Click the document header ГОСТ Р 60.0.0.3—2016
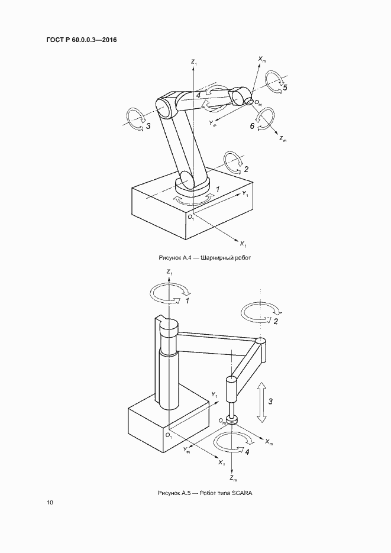pos(82,40)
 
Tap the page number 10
pos(50,502)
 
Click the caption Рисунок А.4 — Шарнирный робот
pos(205,258)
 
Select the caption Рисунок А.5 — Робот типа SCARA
pos(205,493)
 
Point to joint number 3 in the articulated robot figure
pos(148,126)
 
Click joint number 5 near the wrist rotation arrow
pos(285,87)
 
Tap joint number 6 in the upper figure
pos(252,126)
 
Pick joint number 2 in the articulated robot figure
pos(245,170)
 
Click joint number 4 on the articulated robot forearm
pos(199,95)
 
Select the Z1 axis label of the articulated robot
pos(194,63)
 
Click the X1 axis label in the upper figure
pos(243,244)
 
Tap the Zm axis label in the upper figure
pos(283,140)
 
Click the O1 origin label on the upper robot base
pos(190,218)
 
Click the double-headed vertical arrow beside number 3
pos(261,402)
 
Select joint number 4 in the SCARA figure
pos(247,452)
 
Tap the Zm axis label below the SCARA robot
pos(233,478)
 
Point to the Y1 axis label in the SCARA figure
pos(215,394)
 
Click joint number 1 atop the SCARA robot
pos(188,301)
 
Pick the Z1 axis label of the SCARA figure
pos(170,272)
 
